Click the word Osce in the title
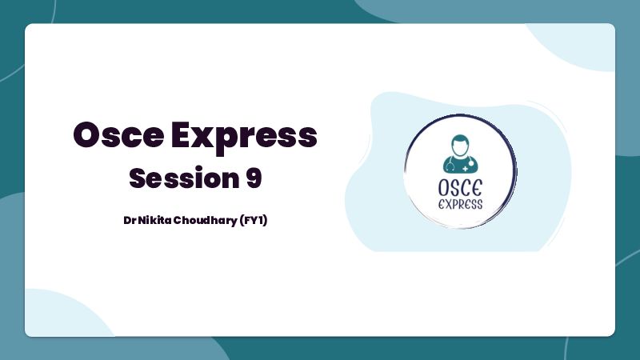pyautogui.click(x=118, y=135)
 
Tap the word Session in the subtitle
pyautogui.click(x=184, y=178)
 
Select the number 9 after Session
pyautogui.click(x=254, y=178)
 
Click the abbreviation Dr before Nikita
pyautogui.click(x=130, y=221)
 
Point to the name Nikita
pyautogui.click(x=154, y=221)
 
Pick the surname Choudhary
pyautogui.click(x=206, y=221)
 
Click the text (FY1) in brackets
pyautogui.click(x=253, y=221)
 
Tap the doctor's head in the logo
pyautogui.click(x=460, y=146)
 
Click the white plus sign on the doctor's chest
pyautogui.click(x=466, y=169)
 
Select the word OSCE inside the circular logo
pyautogui.click(x=461, y=188)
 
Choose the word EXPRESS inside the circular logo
pyautogui.click(x=461, y=204)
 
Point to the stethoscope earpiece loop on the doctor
pyautogui.click(x=450, y=166)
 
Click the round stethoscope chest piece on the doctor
pyautogui.click(x=471, y=163)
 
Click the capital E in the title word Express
pyautogui.click(x=182, y=135)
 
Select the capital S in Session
pyautogui.click(x=138, y=178)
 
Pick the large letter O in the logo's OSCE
pyautogui.click(x=444, y=188)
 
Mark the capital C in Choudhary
pyautogui.click(x=178, y=221)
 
